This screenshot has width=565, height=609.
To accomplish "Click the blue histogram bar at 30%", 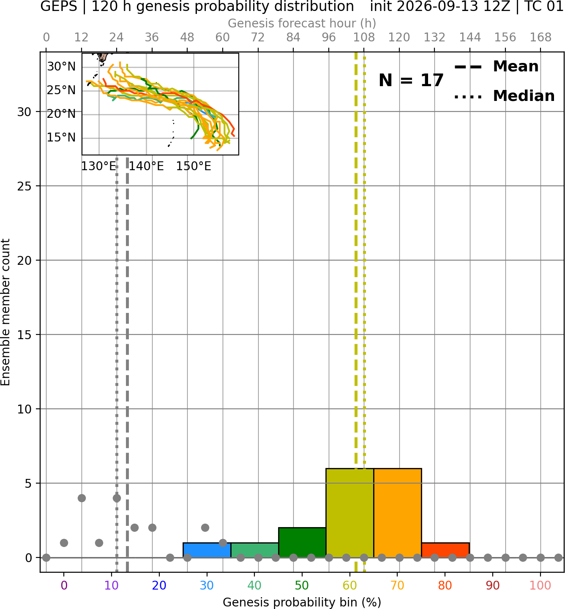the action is click(x=207, y=550).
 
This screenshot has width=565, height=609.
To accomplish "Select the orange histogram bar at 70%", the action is click(x=397, y=513).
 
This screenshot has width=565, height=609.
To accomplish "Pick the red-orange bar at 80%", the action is click(x=445, y=550).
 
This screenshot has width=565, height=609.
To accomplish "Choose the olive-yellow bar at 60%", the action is click(x=350, y=513).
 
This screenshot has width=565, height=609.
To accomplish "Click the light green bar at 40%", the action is click(x=255, y=550).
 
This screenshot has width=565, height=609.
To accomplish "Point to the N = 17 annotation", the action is click(x=411, y=80).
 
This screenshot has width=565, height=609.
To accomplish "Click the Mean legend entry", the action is click(x=496, y=67).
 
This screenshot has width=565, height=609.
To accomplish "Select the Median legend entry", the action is click(x=504, y=96).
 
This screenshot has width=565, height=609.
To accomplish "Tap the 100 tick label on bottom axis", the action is click(x=540, y=585).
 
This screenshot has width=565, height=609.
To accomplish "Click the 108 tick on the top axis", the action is click(x=364, y=38).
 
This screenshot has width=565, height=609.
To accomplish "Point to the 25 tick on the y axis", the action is click(x=24, y=186).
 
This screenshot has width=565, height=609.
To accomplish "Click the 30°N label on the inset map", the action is click(x=61, y=66).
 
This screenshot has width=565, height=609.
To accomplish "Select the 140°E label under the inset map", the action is click(x=146, y=166).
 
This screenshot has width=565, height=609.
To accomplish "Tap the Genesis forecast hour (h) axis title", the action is click(x=302, y=23).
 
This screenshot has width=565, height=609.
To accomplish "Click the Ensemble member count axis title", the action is click(x=5, y=312).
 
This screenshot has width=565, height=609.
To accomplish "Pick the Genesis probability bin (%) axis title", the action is click(x=302, y=602).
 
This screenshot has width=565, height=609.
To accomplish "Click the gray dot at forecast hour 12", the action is click(x=82, y=498).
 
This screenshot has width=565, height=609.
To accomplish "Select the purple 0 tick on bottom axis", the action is click(x=64, y=585).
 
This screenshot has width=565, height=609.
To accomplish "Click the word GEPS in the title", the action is click(x=59, y=6).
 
